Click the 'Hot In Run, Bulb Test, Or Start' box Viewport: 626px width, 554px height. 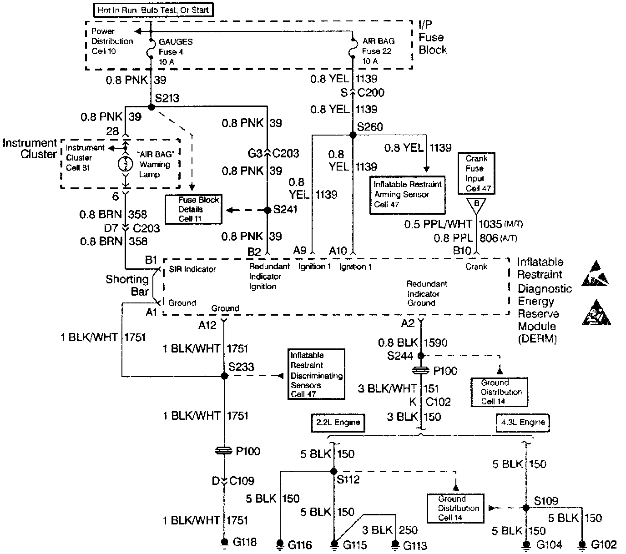pos(153,10)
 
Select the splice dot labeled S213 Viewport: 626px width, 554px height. pos(152,106)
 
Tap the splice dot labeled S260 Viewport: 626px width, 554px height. pos(353,135)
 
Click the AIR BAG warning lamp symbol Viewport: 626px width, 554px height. pos(125,164)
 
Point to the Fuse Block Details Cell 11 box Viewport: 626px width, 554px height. pos(193,209)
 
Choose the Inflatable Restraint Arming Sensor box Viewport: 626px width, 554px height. pos(407,194)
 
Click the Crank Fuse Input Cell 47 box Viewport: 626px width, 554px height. pos(476,173)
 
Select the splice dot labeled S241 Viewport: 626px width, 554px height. pos(268,210)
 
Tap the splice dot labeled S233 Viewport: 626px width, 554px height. pos(224,376)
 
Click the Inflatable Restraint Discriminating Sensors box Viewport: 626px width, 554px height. pos(316,374)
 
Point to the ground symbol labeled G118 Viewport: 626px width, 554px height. pos(224,542)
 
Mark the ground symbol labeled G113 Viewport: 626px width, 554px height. pos(395,544)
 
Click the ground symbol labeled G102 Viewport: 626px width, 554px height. pos(582,544)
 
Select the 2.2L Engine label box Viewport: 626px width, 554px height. pos(338,423)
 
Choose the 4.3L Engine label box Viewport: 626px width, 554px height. pos(522,423)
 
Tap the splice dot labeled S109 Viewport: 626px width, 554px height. pos(526,508)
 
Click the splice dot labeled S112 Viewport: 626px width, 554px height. pos(333,471)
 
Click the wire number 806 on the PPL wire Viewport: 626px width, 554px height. pos(489,238)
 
